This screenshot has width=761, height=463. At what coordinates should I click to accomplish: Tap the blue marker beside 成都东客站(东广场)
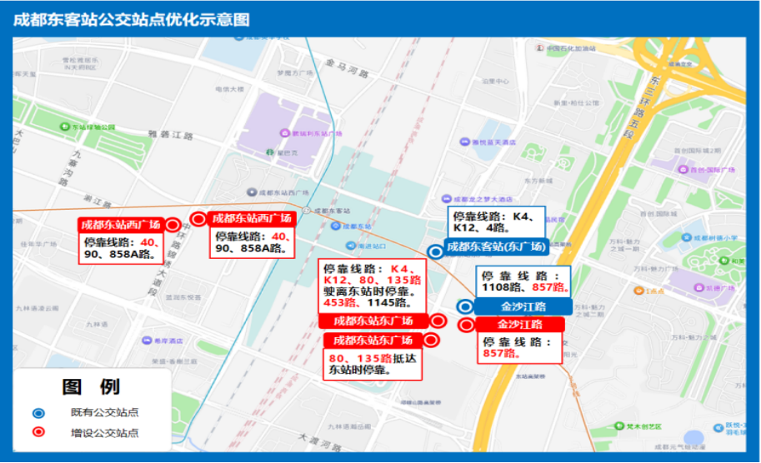[x=435, y=251]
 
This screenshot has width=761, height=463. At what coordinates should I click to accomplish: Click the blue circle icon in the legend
[x=38, y=413]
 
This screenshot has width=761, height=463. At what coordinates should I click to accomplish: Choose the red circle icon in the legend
[x=38, y=433]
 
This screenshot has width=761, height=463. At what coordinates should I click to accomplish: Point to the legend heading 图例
[x=91, y=387]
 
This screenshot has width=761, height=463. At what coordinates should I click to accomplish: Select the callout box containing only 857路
[x=518, y=347]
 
